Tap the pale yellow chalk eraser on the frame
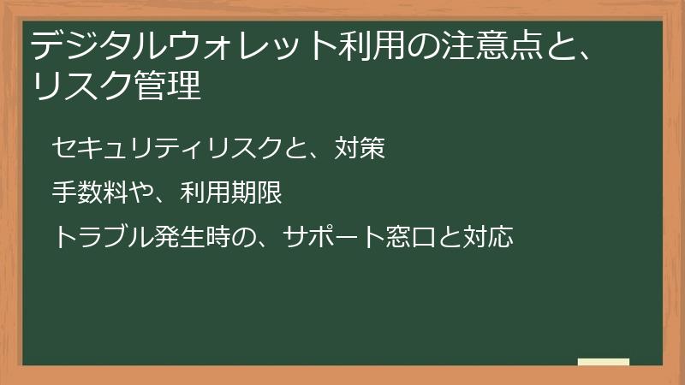[604, 362]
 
